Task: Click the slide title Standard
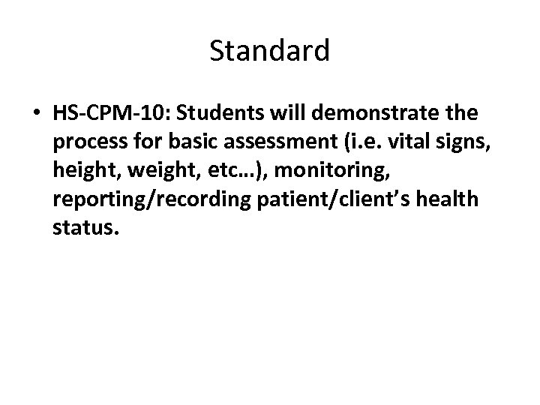point(270,51)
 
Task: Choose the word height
point(85,171)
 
